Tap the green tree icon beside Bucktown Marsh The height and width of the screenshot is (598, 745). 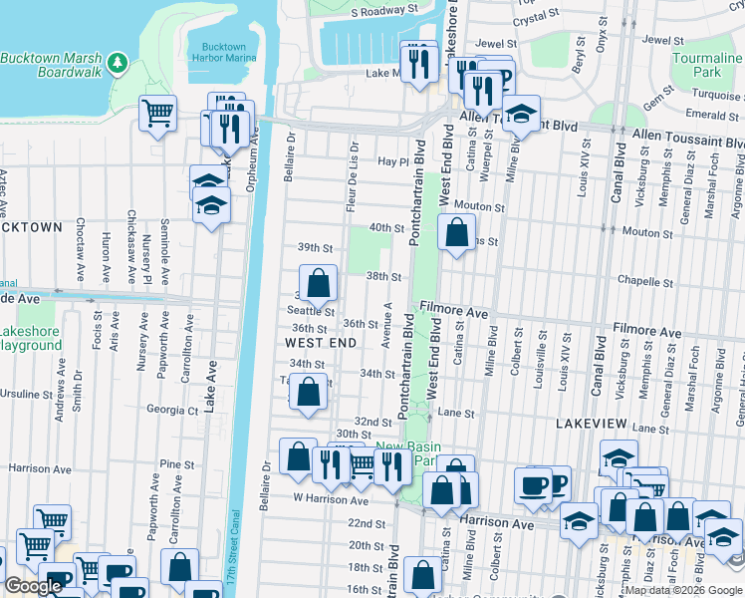click(x=119, y=64)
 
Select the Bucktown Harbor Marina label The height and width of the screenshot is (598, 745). click(x=223, y=52)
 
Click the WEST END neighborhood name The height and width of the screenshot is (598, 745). click(x=321, y=343)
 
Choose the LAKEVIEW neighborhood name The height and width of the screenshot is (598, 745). click(x=591, y=424)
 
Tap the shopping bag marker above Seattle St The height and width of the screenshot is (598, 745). click(x=318, y=283)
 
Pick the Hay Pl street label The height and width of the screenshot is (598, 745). click(x=394, y=161)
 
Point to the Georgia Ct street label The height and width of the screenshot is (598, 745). click(x=172, y=410)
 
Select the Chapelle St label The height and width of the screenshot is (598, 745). click(x=640, y=280)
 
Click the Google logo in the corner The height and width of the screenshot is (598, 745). click(x=33, y=586)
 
